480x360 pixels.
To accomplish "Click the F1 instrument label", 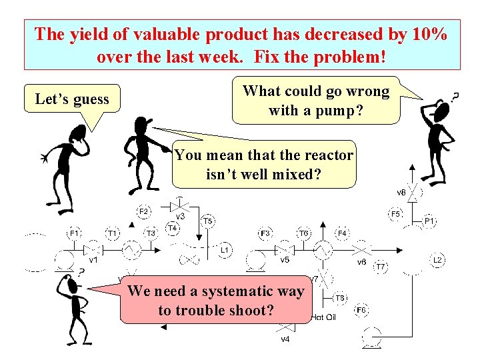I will tap(74, 233).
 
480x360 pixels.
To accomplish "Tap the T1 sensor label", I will tap(113, 233).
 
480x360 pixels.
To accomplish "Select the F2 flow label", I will tap(144, 211).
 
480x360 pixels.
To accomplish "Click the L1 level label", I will tap(225, 250).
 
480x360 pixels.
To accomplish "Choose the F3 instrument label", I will tap(265, 233).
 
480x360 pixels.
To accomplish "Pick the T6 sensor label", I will tap(303, 233).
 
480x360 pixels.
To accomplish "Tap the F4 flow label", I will tap(341, 233).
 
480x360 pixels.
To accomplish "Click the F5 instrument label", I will tap(395, 214).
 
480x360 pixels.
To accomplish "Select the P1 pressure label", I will tap(429, 220).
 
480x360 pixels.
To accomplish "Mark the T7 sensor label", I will tap(381, 267).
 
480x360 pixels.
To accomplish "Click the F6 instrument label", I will tap(361, 309).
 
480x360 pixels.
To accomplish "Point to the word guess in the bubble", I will tap(91, 100).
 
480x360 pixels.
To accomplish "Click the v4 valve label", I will tap(285, 339).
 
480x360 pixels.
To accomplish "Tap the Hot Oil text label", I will tap(323, 317).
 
